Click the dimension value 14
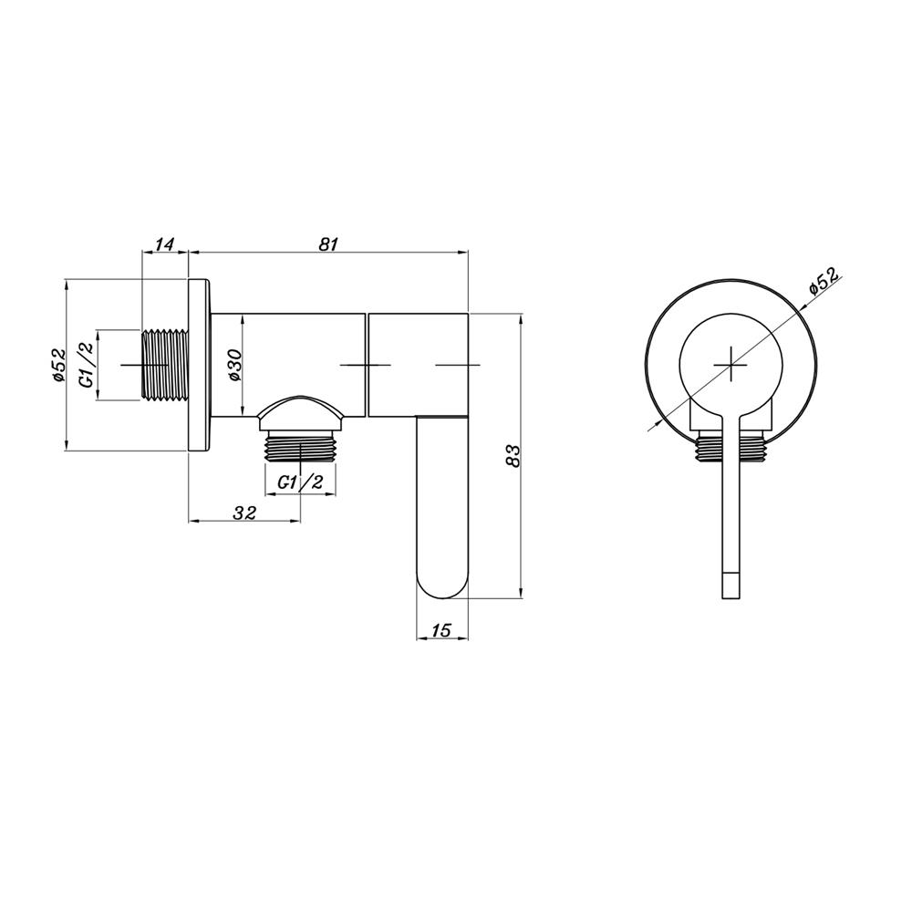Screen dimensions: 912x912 tap(165, 244)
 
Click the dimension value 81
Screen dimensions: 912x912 tap(328, 244)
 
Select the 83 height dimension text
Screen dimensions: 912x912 tap(513, 455)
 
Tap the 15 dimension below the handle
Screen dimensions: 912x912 tap(442, 630)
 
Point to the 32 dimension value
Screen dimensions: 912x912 tap(244, 513)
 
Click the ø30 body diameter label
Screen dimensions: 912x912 tap(234, 366)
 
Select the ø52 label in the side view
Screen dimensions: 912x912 tap(58, 366)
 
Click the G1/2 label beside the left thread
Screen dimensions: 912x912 tap(88, 365)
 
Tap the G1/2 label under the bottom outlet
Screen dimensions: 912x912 tap(300, 482)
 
